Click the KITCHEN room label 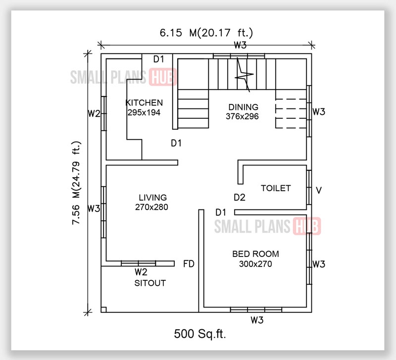(x=144, y=103)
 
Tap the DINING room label (x=243, y=107)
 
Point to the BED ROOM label (x=255, y=254)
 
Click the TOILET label (x=276, y=188)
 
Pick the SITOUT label (x=150, y=283)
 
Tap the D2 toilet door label (x=240, y=198)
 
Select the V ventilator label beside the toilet (x=319, y=190)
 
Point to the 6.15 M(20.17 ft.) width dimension (x=206, y=33)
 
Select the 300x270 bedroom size (x=255, y=264)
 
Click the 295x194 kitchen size (x=144, y=112)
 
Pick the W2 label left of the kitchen (x=94, y=113)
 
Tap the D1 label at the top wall (x=158, y=59)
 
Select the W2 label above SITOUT (x=141, y=272)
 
